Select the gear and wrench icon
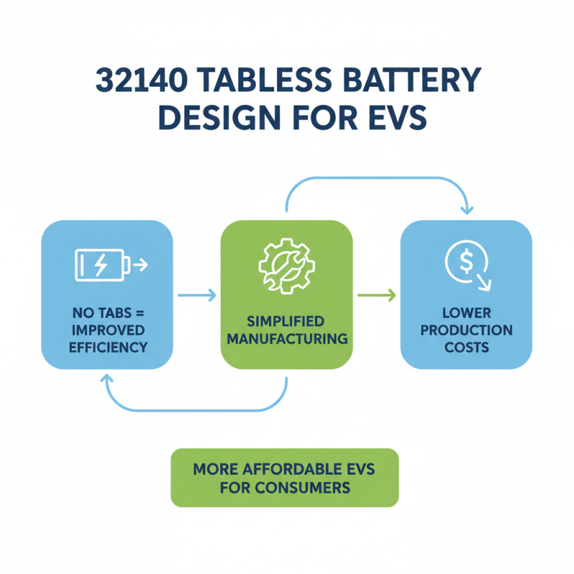click(x=286, y=265)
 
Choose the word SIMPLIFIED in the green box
click(x=286, y=321)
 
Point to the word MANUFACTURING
click(x=286, y=337)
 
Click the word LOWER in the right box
click(x=466, y=314)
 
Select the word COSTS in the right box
click(x=466, y=347)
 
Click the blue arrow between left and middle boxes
click(x=196, y=294)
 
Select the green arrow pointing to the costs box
click(x=376, y=294)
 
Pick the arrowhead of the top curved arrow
click(x=467, y=210)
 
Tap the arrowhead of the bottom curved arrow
click(x=107, y=377)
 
